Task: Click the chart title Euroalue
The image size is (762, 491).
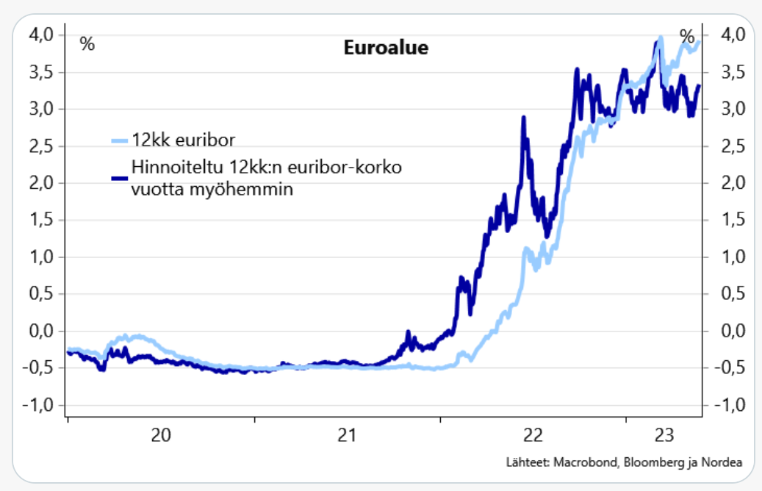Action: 386,49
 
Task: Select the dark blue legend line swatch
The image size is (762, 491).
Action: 119,177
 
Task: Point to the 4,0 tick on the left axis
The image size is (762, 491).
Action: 40,35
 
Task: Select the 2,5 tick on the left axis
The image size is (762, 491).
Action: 40,146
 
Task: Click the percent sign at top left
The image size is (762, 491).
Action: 87,44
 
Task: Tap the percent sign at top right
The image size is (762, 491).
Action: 687,36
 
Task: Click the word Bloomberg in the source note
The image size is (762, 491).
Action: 649,462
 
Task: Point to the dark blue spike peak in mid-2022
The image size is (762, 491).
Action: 523,118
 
